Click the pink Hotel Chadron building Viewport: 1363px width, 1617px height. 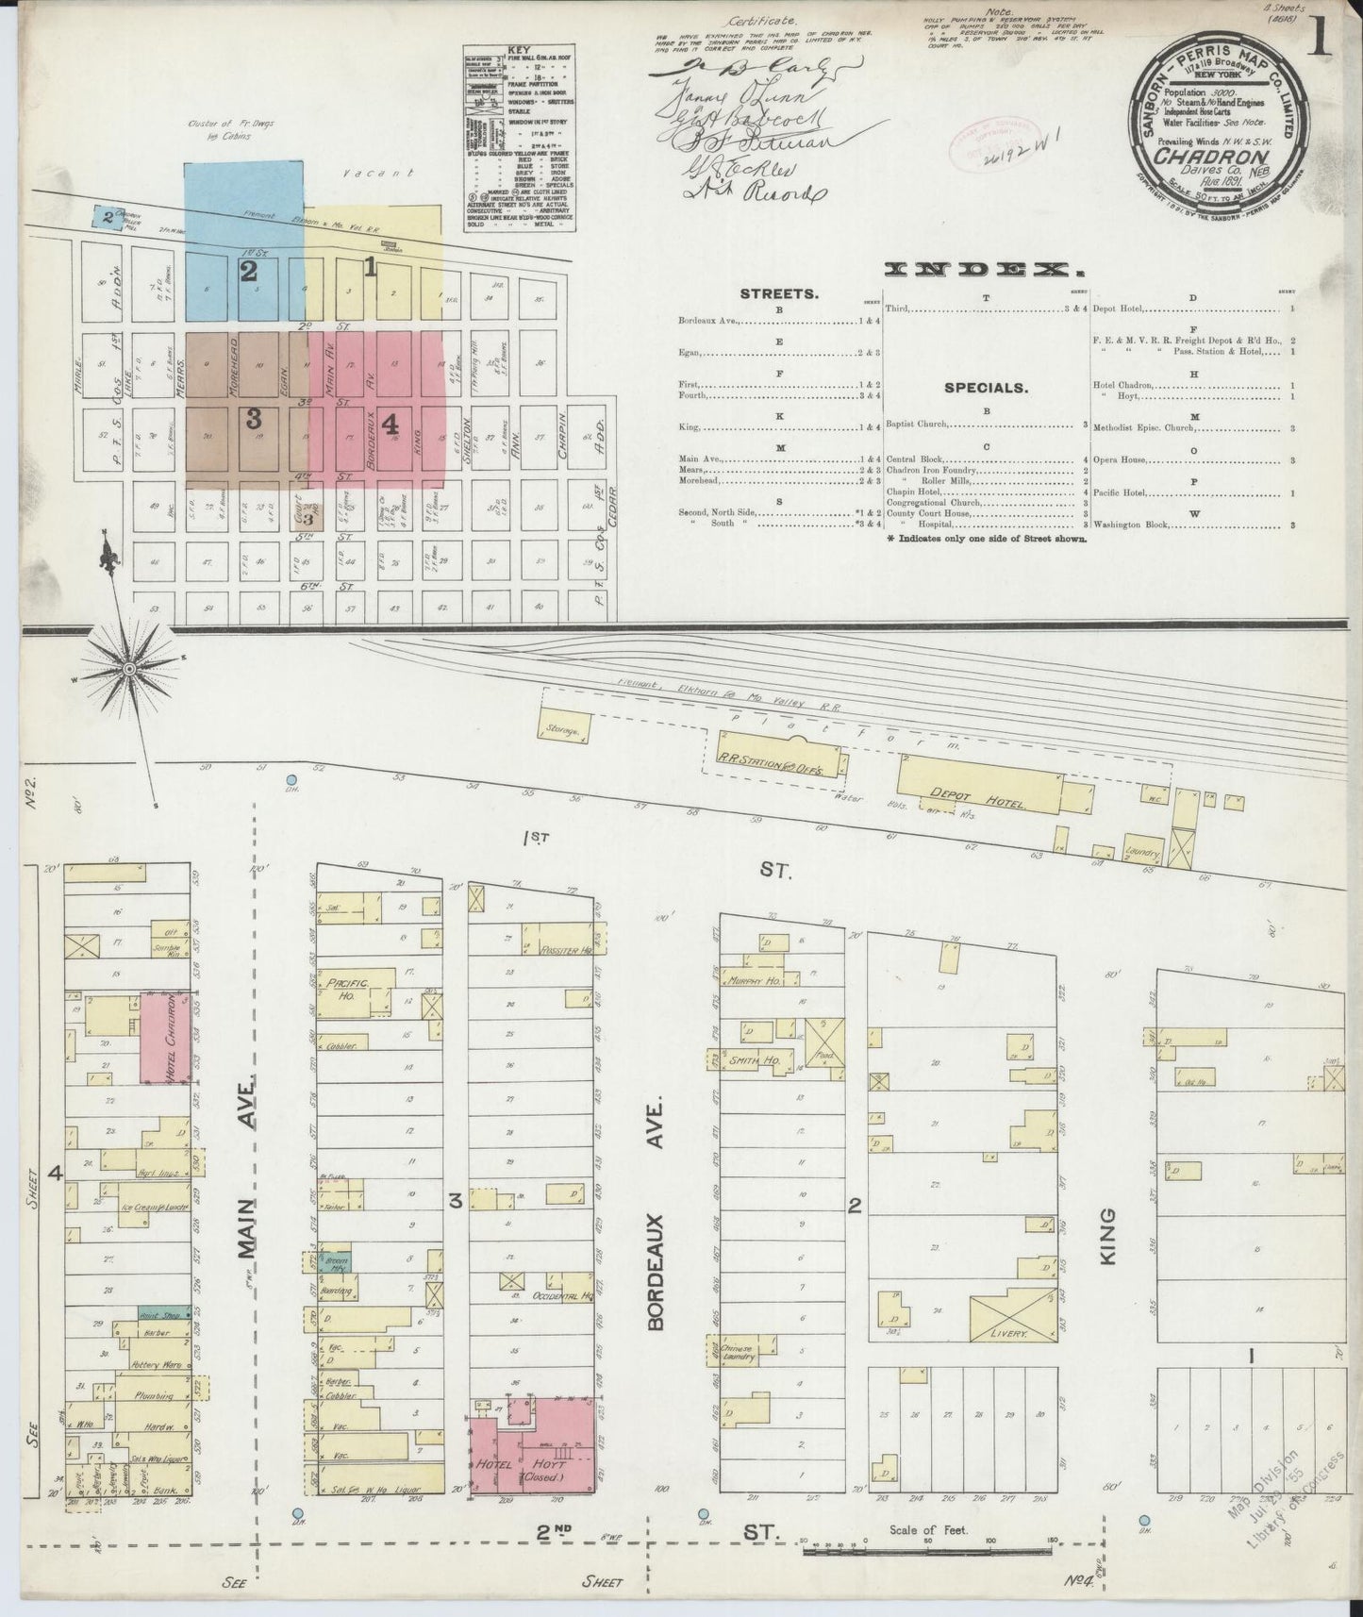coord(159,1037)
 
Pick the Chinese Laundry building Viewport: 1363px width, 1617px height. coord(736,1350)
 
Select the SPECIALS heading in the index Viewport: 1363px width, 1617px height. coord(986,388)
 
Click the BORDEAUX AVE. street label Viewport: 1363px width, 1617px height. coord(657,1214)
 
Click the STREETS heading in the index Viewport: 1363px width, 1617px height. coord(780,293)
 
